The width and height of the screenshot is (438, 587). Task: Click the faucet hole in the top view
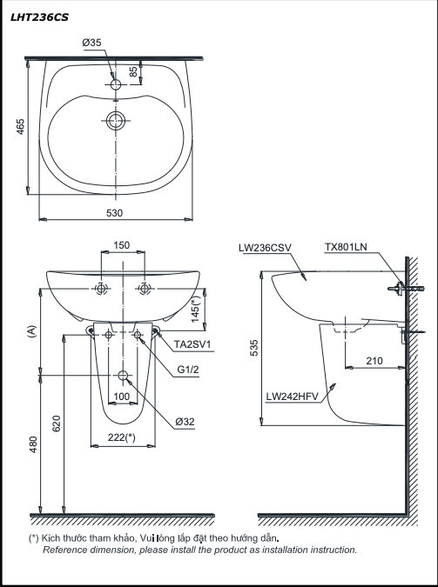[116, 85]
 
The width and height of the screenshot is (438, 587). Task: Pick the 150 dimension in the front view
[122, 246]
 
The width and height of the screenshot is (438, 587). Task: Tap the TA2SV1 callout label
[192, 344]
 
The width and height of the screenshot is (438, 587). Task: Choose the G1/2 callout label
[189, 369]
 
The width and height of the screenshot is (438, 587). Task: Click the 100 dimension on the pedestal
[123, 397]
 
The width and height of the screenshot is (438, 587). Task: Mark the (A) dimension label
[33, 330]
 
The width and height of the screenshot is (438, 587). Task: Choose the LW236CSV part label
[266, 248]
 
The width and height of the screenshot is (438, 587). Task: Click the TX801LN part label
[347, 248]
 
